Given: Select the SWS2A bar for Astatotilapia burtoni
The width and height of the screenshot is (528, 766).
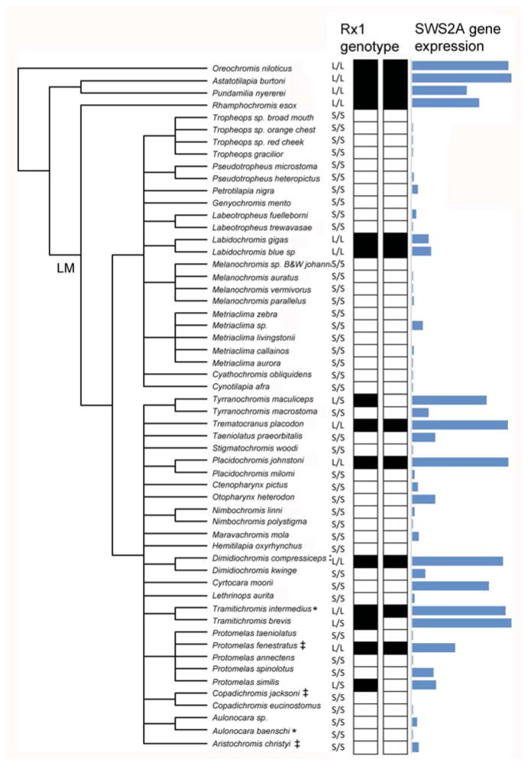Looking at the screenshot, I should [461, 78].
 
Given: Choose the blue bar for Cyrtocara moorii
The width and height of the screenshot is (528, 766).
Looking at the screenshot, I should [450, 586].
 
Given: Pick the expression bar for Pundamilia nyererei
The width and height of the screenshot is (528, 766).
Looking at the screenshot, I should [439, 90].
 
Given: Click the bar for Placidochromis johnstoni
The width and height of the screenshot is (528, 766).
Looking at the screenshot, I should [459, 462].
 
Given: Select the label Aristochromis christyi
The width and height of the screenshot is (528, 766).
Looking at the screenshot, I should [248, 745].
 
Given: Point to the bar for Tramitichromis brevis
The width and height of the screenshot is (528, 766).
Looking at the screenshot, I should [461, 622].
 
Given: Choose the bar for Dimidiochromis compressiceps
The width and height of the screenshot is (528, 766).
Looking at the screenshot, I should [457, 561].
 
